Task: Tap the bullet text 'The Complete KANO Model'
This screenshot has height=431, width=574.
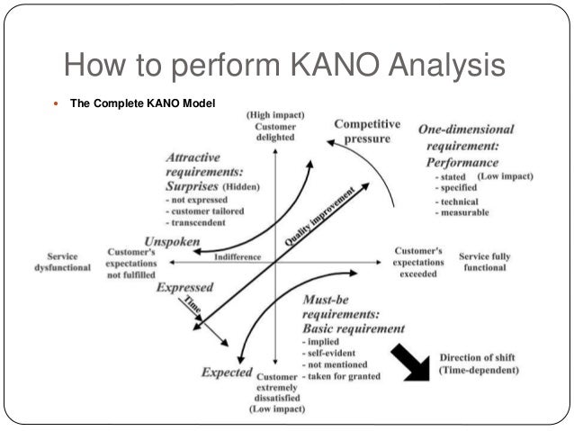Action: point(143,103)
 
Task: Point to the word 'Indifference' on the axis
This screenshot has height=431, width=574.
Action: point(238,257)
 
